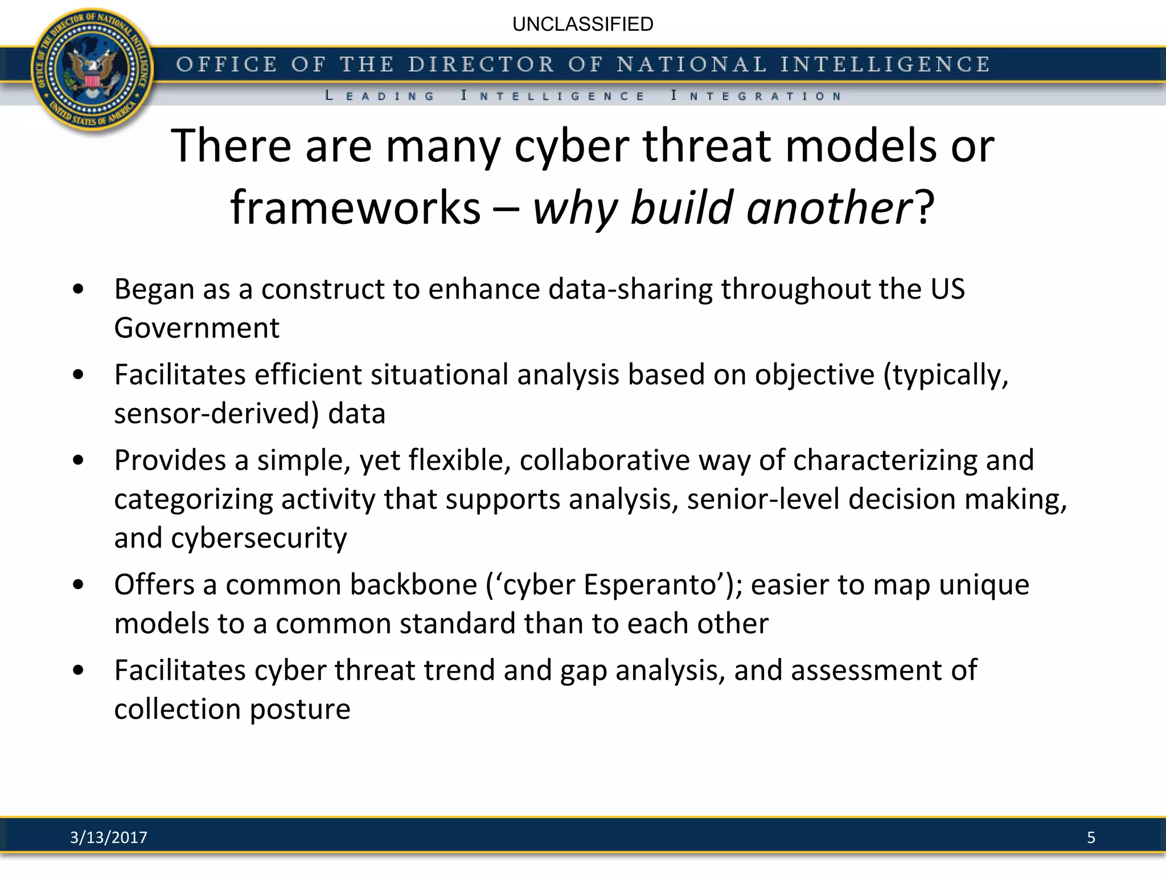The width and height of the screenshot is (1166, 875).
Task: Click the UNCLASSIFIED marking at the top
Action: click(582, 24)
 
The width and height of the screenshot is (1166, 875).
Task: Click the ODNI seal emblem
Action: click(92, 71)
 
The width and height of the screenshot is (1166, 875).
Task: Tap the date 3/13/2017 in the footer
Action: click(108, 837)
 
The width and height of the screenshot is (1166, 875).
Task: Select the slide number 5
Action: click(1091, 837)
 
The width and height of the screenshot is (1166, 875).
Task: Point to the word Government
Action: click(196, 328)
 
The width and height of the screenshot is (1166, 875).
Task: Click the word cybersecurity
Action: click(259, 538)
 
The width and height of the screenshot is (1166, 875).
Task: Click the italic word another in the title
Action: click(830, 207)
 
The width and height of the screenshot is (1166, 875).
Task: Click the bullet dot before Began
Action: click(79, 289)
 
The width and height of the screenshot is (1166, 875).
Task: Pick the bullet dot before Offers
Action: click(79, 585)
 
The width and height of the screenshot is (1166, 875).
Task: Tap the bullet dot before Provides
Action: click(79, 460)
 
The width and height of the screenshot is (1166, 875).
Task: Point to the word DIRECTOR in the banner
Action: click(481, 64)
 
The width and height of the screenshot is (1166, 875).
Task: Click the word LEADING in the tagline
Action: click(380, 96)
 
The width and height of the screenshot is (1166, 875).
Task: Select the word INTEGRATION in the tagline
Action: click(756, 96)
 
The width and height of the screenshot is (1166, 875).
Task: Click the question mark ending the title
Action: click(925, 207)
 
